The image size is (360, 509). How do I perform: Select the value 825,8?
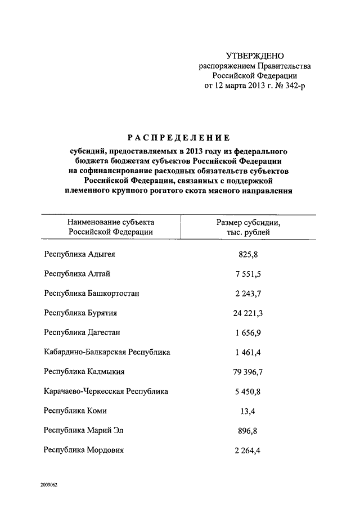tap(247, 255)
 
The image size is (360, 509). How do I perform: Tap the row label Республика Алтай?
tap(76, 274)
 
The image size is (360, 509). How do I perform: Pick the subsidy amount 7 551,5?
tap(247, 274)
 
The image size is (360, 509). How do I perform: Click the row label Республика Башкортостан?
tap(92, 294)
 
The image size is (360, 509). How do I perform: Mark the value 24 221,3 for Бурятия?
tap(247, 313)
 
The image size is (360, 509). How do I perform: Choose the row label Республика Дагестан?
tap(82, 332)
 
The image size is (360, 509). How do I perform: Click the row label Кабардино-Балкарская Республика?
tap(107, 352)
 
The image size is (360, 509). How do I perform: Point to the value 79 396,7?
tap(247, 372)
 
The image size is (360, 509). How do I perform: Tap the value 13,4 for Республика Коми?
tap(247, 411)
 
